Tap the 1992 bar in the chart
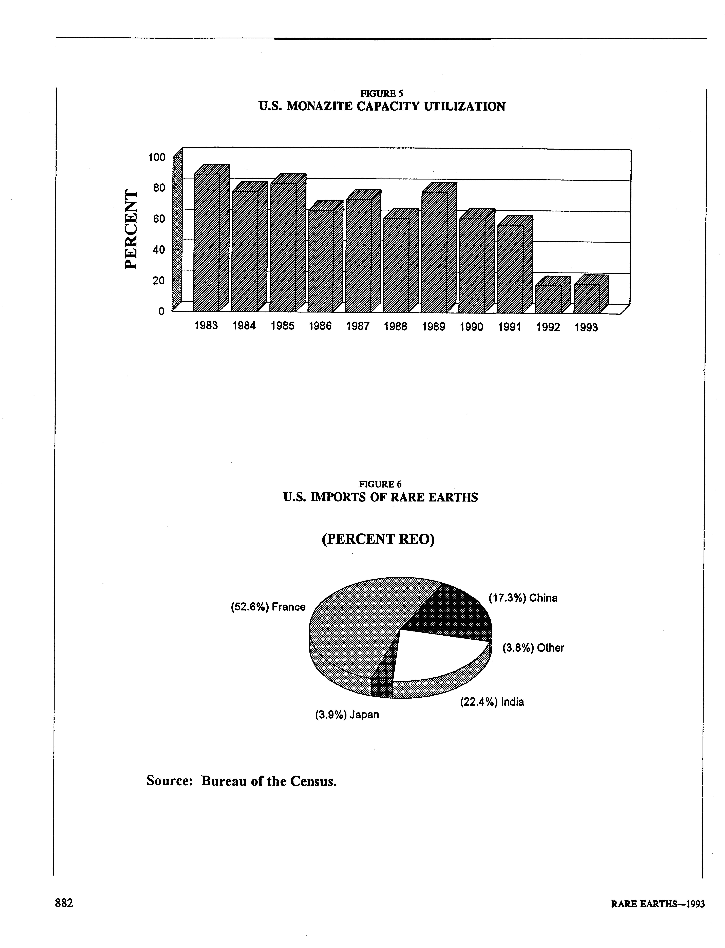pyautogui.click(x=548, y=299)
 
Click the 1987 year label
pyautogui.click(x=358, y=326)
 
